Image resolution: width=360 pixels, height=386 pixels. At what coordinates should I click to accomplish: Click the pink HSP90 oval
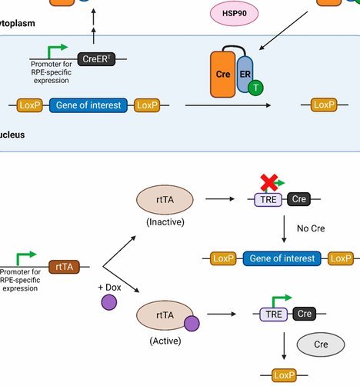[234, 13]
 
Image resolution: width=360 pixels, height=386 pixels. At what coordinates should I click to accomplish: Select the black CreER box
[96, 59]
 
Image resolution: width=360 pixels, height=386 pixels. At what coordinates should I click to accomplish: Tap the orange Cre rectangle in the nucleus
[222, 75]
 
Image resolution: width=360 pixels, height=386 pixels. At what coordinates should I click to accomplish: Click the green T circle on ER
[255, 88]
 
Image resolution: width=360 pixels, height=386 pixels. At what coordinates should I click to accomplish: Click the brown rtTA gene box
[64, 267]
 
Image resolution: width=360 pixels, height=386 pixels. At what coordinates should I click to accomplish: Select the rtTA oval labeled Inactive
[165, 200]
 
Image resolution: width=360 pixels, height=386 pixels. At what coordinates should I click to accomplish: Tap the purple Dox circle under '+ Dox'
[109, 302]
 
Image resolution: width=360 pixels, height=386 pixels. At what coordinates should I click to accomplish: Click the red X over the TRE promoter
[269, 183]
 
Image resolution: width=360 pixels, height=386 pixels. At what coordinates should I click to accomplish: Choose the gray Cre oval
[321, 344]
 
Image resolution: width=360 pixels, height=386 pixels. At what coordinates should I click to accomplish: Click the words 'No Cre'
[311, 228]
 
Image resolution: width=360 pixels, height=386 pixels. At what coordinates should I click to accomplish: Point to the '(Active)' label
[165, 341]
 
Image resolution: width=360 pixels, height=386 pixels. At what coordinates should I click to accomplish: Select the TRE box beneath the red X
[268, 199]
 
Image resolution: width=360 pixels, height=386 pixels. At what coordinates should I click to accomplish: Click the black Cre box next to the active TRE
[305, 314]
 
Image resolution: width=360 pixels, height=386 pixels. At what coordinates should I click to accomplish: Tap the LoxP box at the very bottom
[284, 375]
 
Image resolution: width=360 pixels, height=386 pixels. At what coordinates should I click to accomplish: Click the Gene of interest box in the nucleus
[88, 105]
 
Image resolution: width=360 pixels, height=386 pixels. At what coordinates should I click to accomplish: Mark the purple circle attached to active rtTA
[192, 324]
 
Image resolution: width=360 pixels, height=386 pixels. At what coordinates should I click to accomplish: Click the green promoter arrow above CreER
[55, 51]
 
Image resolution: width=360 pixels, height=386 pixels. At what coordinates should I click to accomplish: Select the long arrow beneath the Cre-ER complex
[228, 105]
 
